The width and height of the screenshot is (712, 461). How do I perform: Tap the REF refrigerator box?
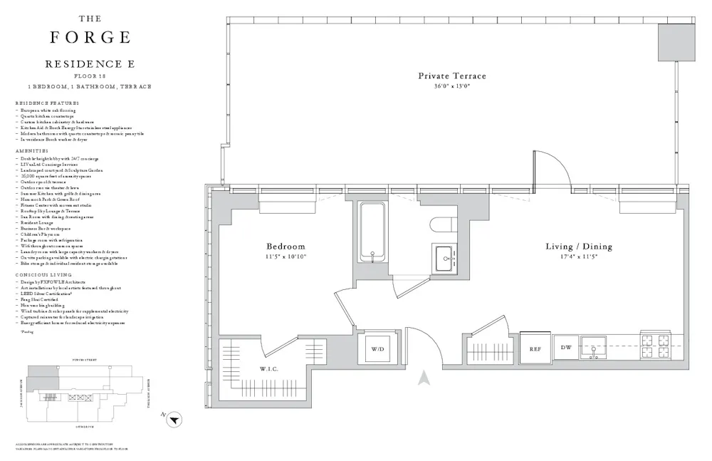coord(535,349)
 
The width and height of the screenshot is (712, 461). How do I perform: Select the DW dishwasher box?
coord(566,348)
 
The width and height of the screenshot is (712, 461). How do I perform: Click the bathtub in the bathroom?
coord(372,232)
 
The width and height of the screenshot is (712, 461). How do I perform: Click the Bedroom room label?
coord(286,247)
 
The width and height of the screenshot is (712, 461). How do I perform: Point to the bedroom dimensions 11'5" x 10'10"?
coord(286,257)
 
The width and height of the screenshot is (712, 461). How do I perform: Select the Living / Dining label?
coord(578,247)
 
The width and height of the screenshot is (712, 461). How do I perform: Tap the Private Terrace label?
coord(452,76)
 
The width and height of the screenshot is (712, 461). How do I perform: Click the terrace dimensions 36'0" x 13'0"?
coord(452,86)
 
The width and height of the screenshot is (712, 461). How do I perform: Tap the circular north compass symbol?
coord(173,421)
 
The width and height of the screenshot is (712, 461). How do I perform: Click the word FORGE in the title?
coord(90,37)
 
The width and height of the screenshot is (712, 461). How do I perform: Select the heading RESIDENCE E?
coord(90,64)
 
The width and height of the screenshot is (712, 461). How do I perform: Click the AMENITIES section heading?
coord(31,151)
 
